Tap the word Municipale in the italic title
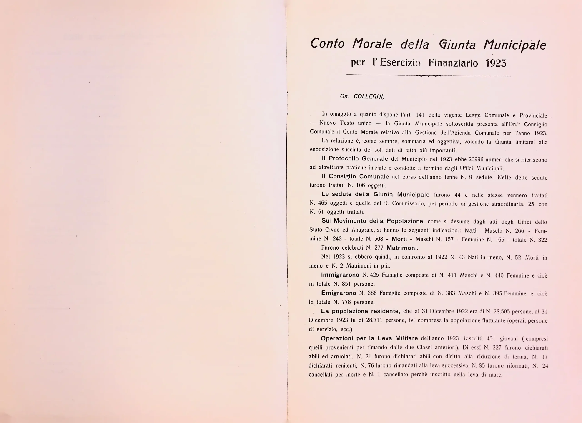(515, 45)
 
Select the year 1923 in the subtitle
(496, 63)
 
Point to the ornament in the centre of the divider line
(429, 76)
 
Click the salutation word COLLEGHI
(369, 96)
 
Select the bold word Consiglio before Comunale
(343, 176)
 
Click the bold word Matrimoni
(402, 248)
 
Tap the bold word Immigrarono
(340, 275)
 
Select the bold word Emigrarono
(339, 293)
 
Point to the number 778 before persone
(346, 302)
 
